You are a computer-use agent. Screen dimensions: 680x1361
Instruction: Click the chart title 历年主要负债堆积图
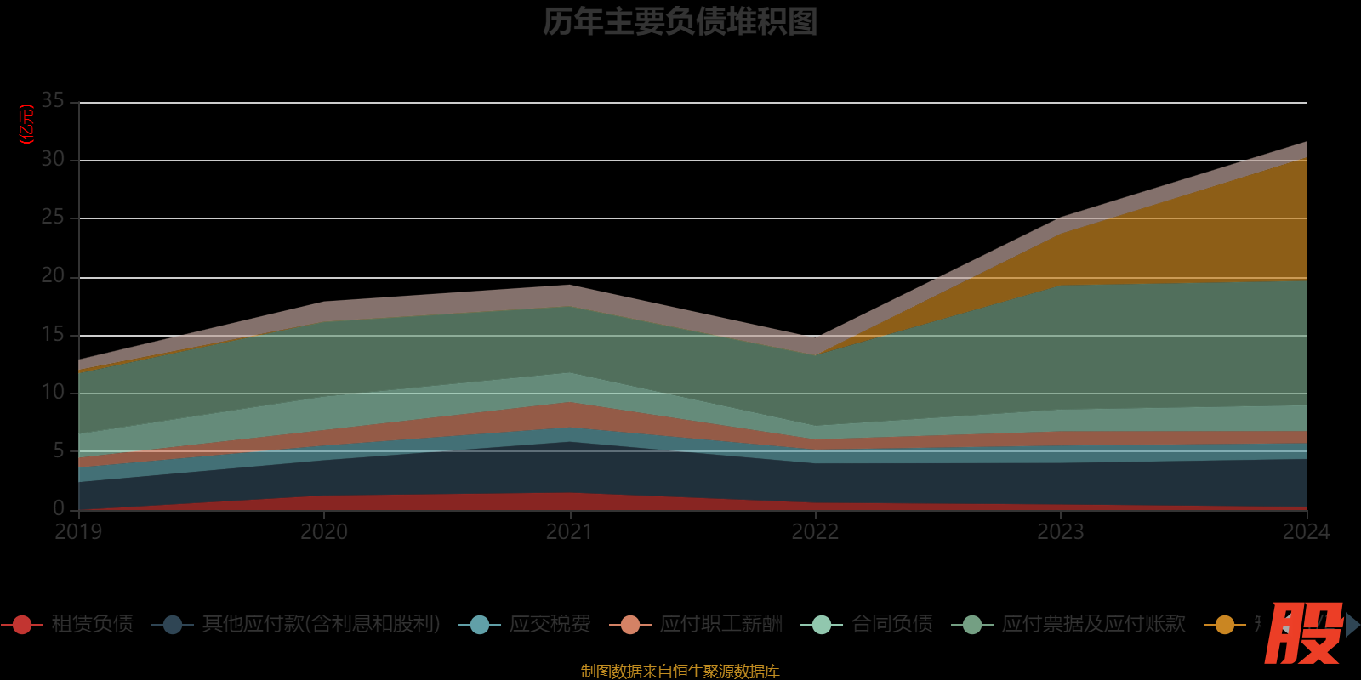pyautogui.click(x=680, y=22)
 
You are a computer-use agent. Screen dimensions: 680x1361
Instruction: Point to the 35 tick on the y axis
pyautogui.click(x=53, y=101)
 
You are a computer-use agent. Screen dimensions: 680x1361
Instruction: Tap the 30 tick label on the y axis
pyautogui.click(x=53, y=159)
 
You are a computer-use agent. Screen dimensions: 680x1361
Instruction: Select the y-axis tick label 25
pyautogui.click(x=53, y=218)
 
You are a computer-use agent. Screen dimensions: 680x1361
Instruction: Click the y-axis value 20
pyautogui.click(x=53, y=275)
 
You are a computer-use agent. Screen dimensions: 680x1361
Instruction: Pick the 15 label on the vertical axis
pyautogui.click(x=53, y=334)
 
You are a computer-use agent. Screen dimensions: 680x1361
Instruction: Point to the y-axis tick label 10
pyautogui.click(x=53, y=392)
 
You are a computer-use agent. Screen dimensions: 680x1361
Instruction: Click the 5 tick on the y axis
pyautogui.click(x=59, y=450)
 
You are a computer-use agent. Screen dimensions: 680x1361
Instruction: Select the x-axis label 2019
pyautogui.click(x=78, y=532)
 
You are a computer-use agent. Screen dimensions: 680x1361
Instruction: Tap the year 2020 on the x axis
pyautogui.click(x=324, y=532)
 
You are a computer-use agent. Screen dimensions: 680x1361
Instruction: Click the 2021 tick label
pyautogui.click(x=569, y=532)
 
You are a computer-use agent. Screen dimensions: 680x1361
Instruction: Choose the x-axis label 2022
pyautogui.click(x=815, y=532)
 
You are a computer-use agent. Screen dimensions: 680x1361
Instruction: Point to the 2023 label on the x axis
pyautogui.click(x=1061, y=532)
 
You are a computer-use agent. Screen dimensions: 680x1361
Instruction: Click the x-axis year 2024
pyautogui.click(x=1306, y=532)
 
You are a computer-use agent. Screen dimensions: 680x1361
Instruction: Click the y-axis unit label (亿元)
pyautogui.click(x=27, y=124)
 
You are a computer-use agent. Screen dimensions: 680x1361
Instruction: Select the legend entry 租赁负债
pyautogui.click(x=92, y=624)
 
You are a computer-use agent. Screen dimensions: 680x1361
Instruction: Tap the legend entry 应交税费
pyautogui.click(x=550, y=624)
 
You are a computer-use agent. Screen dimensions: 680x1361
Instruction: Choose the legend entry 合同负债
pyautogui.click(x=891, y=624)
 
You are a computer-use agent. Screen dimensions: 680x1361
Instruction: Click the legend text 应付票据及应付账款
pyautogui.click(x=1093, y=624)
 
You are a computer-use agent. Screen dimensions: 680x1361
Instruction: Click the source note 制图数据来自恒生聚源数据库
pyautogui.click(x=680, y=671)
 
